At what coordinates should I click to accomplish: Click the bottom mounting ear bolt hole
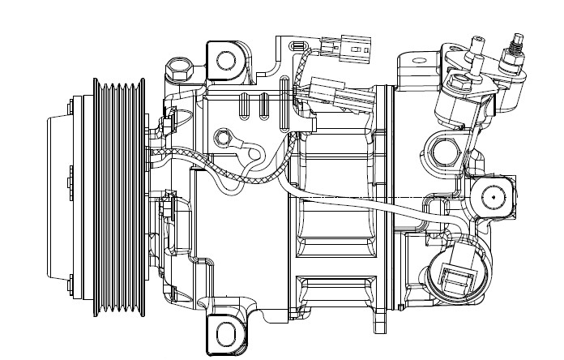pyautogui.click(x=227, y=333)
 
